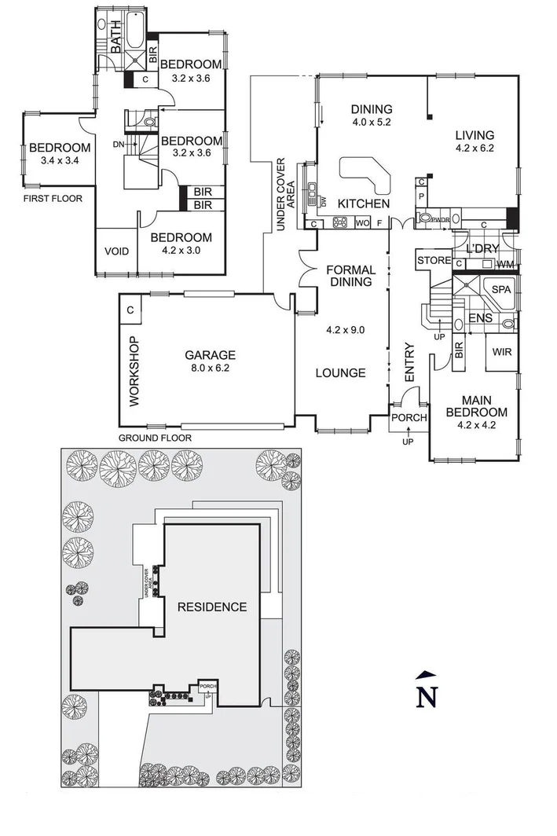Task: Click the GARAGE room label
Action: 205,354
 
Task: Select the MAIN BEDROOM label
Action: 476,405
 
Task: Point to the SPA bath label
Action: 500,289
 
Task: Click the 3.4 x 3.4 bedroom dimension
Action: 59,163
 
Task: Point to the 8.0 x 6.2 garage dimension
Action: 205,368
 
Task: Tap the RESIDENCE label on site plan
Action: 211,607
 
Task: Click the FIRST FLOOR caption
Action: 52,199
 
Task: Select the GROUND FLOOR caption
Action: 155,438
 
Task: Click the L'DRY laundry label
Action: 482,248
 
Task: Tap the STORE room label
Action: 434,260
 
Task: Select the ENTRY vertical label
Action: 409,363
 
